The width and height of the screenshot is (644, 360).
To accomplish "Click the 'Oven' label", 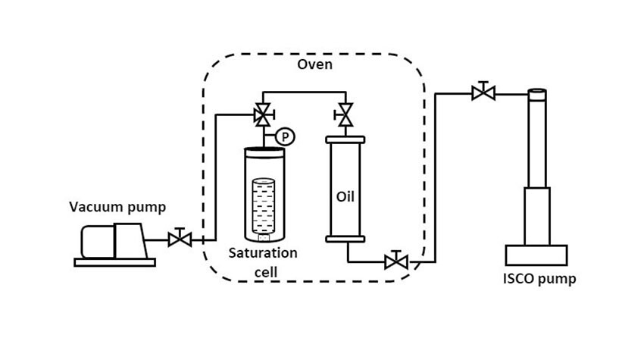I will [314, 64].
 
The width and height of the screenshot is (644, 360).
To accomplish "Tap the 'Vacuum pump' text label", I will [117, 207].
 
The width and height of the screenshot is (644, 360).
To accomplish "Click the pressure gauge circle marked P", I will [285, 136].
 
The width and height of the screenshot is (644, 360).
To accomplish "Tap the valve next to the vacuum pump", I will [180, 239].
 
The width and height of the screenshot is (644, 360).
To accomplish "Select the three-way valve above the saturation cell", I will [264, 116].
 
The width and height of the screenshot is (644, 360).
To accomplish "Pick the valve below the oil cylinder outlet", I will [395, 262].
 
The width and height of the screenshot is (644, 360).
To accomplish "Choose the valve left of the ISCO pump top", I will [483, 93].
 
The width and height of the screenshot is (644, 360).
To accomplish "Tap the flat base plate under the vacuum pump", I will [114, 262].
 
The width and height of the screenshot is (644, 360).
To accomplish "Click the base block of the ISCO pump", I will [536, 255].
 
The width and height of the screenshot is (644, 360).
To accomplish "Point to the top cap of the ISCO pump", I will [537, 94].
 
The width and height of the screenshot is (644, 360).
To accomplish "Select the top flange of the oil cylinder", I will [345, 139].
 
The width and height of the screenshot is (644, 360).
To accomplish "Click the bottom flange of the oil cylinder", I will [345, 239].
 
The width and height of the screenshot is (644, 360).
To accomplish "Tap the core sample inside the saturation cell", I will [264, 207].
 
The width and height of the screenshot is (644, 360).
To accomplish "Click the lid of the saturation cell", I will [264, 151].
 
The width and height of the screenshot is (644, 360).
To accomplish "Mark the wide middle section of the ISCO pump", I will [537, 215].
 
